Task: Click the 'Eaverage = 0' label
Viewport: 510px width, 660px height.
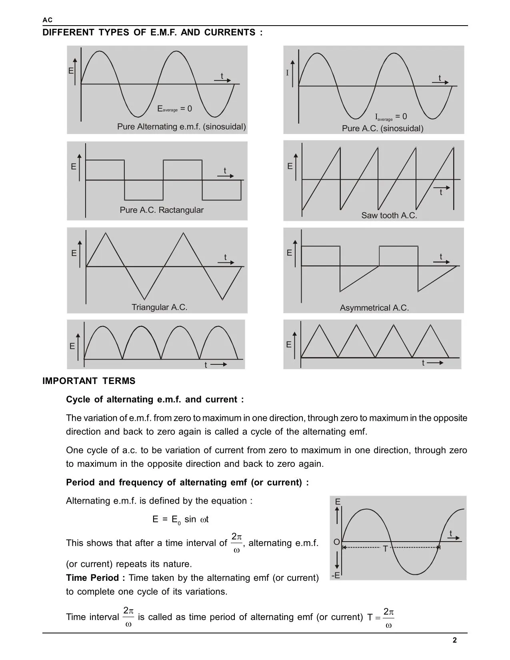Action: (174, 109)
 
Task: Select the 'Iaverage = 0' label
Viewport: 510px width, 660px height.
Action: (391, 117)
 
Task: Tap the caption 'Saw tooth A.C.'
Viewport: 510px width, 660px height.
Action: (389, 216)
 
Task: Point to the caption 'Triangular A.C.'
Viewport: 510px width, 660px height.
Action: (159, 307)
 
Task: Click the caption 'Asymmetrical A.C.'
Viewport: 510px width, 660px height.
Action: (374, 308)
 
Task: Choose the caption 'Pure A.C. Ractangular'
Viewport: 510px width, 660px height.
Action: (162, 210)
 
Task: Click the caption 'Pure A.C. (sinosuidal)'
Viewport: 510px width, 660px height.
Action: (382, 128)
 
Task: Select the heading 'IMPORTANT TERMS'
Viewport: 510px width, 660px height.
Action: (89, 381)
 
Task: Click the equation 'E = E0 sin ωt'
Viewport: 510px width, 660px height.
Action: (180, 519)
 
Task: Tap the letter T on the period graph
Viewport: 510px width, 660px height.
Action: (386, 549)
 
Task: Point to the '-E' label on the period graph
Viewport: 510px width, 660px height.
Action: (336, 576)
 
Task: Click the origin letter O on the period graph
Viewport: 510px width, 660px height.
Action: (336, 542)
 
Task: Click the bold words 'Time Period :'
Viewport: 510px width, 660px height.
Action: (96, 578)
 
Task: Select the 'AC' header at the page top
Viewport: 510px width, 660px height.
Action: (47, 20)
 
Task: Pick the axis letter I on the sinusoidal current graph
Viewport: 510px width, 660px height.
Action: (287, 73)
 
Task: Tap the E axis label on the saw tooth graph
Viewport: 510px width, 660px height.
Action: (290, 166)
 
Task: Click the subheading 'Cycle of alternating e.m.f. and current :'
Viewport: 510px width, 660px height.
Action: (155, 400)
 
